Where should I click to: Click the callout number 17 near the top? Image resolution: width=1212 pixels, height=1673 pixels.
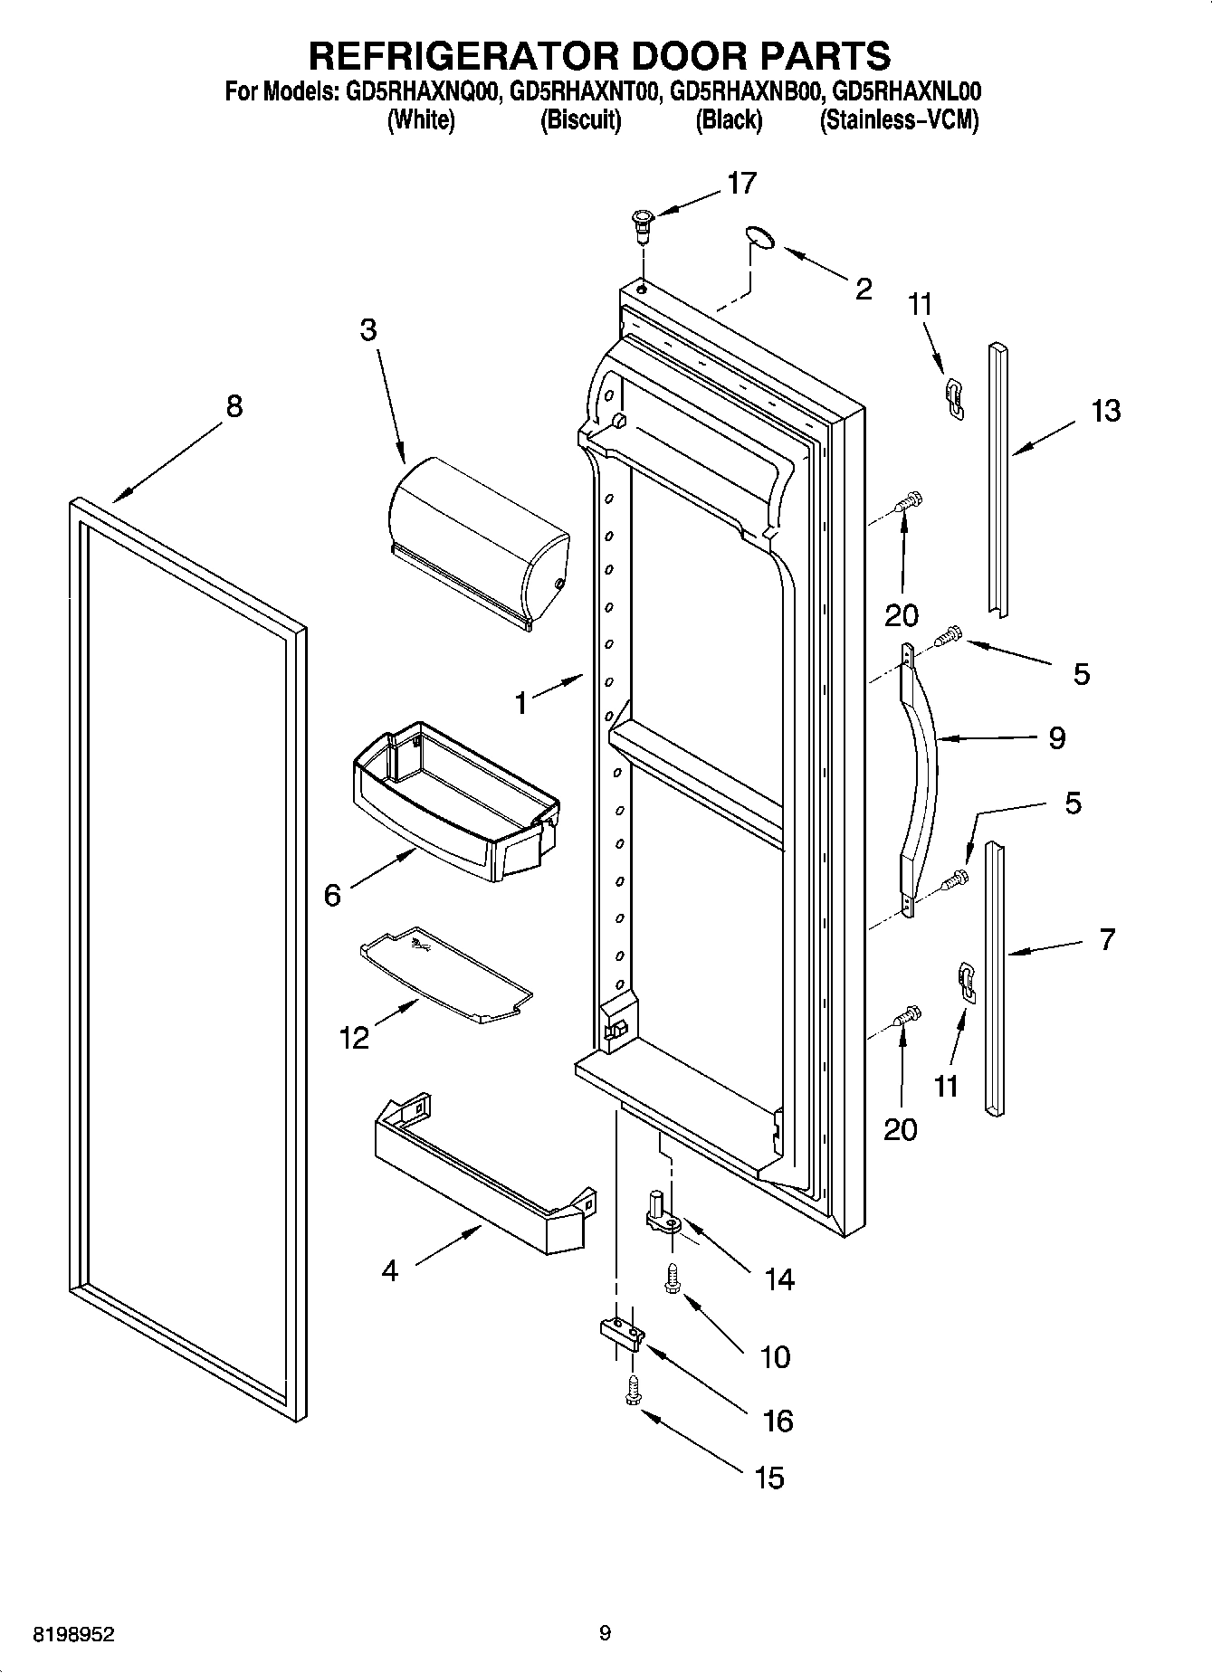pos(741,184)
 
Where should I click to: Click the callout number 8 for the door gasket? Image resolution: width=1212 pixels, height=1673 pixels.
pos(234,406)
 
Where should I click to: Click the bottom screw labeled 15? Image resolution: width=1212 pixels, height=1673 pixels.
pos(632,1393)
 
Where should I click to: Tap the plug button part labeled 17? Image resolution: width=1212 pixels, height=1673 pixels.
pos(642,224)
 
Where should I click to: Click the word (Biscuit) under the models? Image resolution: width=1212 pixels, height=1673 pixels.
pos(580,120)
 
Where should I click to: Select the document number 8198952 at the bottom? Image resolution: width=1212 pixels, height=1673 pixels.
pos(74,1634)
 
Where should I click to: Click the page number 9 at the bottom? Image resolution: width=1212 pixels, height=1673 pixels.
pos(605,1632)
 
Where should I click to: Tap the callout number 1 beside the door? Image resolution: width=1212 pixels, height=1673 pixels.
pos(521,702)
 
